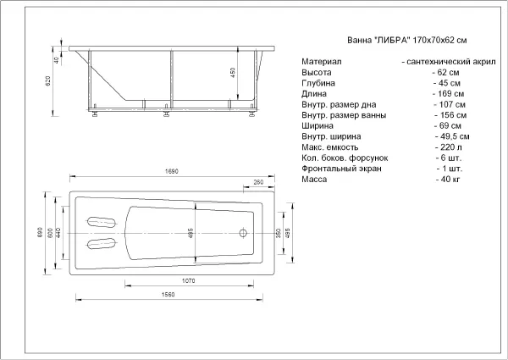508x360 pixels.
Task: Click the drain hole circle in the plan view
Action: pyautogui.click(x=243, y=233)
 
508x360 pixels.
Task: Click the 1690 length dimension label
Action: pyautogui.click(x=171, y=171)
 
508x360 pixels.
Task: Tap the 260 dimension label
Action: pyautogui.click(x=258, y=182)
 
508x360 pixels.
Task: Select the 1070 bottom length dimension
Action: pyautogui.click(x=188, y=280)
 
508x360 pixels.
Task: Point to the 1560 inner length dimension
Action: pyautogui.click(x=168, y=294)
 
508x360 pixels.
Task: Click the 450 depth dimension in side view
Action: pyautogui.click(x=233, y=73)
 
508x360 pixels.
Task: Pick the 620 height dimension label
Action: pyautogui.click(x=48, y=81)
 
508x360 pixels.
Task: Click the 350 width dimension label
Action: pyautogui.click(x=279, y=233)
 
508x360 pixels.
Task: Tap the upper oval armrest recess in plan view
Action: pyautogui.click(x=102, y=222)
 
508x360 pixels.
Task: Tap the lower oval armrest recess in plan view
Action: pyautogui.click(x=102, y=243)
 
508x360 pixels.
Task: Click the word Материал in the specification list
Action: pyautogui.click(x=322, y=61)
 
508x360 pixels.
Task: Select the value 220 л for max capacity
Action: pyautogui.click(x=449, y=147)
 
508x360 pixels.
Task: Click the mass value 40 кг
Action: pyautogui.click(x=448, y=180)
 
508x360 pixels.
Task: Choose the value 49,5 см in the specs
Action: pyautogui.click(x=452, y=136)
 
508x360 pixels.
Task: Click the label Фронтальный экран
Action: pyautogui.click(x=341, y=169)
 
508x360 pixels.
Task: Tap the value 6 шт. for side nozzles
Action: pyautogui.click(x=449, y=158)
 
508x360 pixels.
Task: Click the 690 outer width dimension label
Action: pyautogui.click(x=40, y=232)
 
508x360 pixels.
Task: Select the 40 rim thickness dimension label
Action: pyautogui.click(x=56, y=60)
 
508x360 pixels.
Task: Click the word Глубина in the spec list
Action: pyautogui.click(x=318, y=83)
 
